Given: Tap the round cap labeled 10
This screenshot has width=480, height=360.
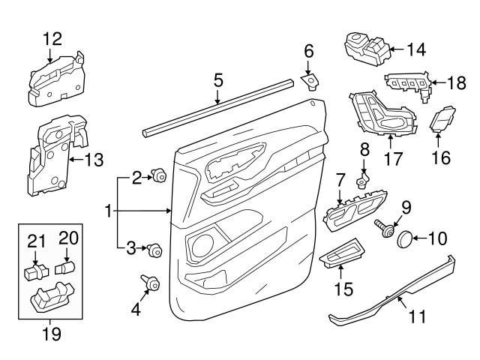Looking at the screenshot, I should click(x=405, y=239).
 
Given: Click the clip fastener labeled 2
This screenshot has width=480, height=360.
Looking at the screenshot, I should click(x=159, y=176).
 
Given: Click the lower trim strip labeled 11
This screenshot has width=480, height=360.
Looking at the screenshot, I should click(x=390, y=296).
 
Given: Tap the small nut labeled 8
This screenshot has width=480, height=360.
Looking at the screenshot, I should click(x=362, y=181).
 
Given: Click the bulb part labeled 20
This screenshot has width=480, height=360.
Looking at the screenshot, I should click(x=65, y=267).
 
